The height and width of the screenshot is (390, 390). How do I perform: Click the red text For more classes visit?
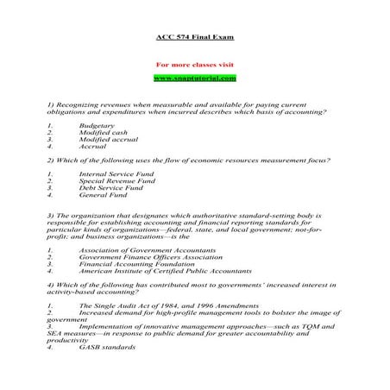click(194, 65)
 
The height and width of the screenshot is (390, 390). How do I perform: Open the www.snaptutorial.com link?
click(194, 79)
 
